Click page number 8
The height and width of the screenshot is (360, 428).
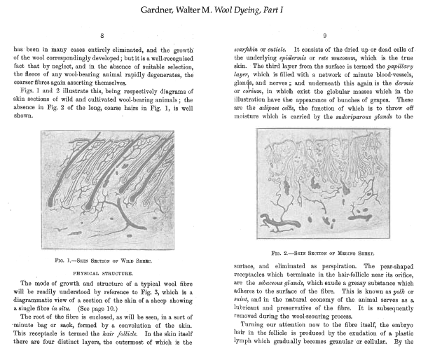(x=103, y=35)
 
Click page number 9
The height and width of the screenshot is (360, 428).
(x=324, y=35)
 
